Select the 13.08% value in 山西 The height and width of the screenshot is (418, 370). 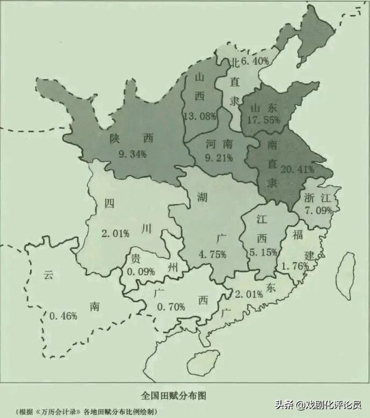pos(199,116)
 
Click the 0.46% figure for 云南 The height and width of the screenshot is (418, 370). pos(63,316)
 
